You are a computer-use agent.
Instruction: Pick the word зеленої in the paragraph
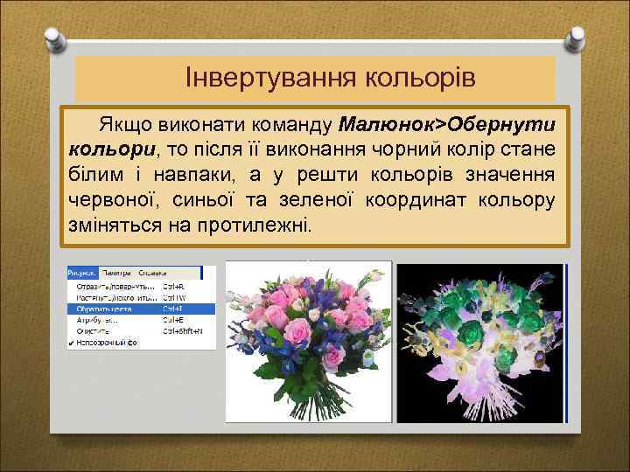tap(308, 198)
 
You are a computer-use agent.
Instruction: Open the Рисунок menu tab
tap(82, 273)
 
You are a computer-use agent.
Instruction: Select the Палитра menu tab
tap(115, 273)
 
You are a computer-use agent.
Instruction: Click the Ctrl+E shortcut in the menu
tap(172, 320)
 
